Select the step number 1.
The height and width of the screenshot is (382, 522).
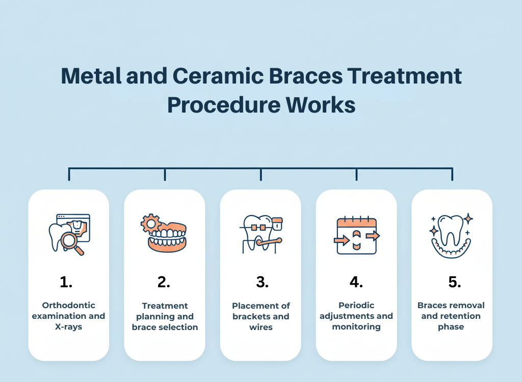(x=66, y=282)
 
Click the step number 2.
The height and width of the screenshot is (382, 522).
(x=164, y=282)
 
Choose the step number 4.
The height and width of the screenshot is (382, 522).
(x=356, y=282)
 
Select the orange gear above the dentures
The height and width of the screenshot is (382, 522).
(x=150, y=224)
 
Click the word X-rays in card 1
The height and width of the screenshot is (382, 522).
(x=68, y=326)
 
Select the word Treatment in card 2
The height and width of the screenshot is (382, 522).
(x=165, y=306)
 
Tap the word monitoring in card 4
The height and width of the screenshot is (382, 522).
(x=356, y=326)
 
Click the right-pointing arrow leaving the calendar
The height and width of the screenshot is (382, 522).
(x=373, y=235)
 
